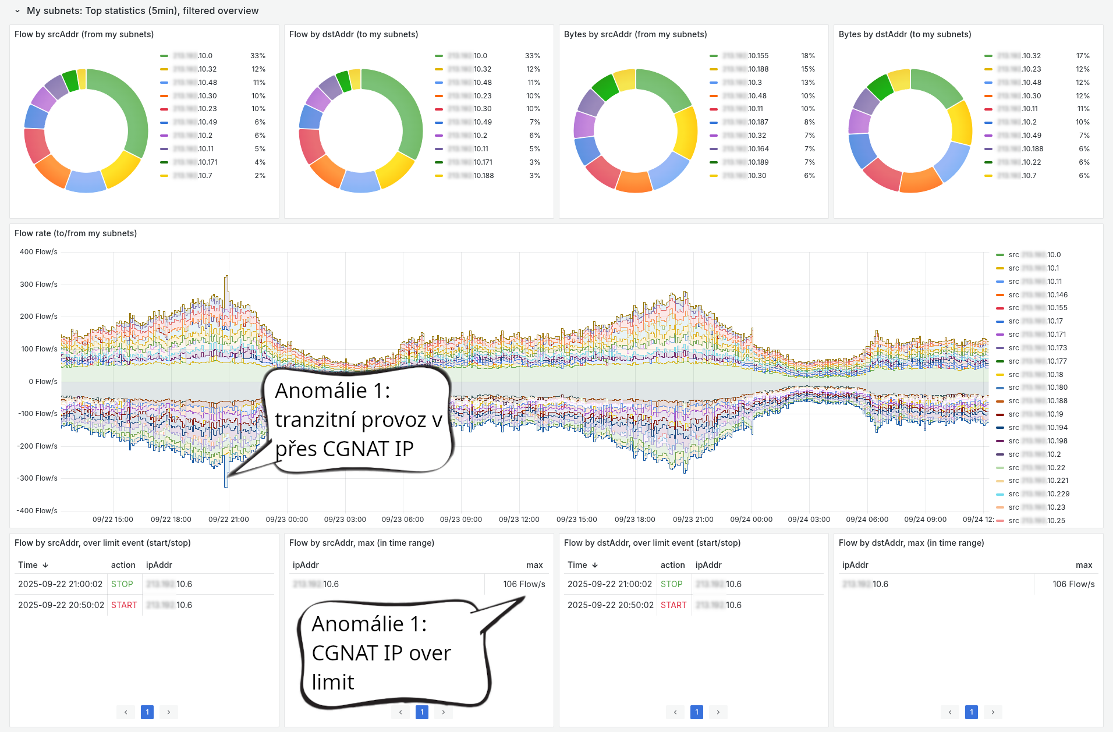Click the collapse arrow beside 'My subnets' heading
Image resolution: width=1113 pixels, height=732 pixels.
tap(17, 11)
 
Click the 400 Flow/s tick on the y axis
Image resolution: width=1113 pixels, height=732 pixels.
tap(38, 252)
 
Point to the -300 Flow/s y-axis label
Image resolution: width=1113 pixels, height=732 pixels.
tap(37, 478)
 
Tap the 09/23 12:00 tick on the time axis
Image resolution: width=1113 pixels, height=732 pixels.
tap(519, 520)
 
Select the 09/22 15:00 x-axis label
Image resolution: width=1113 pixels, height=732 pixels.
tap(113, 520)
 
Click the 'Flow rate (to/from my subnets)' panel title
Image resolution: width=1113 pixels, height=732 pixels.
tap(76, 233)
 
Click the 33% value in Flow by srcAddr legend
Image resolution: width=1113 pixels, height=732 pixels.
tap(258, 56)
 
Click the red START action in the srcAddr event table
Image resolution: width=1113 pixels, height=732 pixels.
tap(124, 605)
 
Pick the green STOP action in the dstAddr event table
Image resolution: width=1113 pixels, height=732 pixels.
tap(671, 584)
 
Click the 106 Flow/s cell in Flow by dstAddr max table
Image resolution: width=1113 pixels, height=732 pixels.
tap(1073, 584)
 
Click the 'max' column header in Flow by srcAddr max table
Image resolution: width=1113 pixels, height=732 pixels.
tap(534, 565)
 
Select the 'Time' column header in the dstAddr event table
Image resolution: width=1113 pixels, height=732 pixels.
tap(577, 565)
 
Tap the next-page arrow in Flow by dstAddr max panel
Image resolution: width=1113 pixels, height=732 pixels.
tap(993, 712)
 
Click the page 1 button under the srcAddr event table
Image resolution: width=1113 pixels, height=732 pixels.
tap(147, 712)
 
